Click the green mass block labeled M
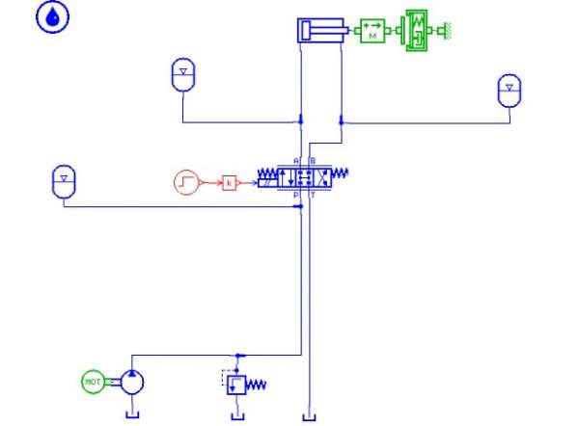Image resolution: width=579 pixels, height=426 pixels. pos(372,31)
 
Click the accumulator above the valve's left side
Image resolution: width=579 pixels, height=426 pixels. pos(182,75)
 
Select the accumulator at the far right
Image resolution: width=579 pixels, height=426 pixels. pos(509,90)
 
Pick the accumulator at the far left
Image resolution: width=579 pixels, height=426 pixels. pos(63,179)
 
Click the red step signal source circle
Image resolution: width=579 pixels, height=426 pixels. pos(186,180)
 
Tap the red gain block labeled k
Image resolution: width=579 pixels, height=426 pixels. pos(230,180)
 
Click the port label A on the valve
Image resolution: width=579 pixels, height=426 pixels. pos(296,160)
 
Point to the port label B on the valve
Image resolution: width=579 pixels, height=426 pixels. pos(311,160)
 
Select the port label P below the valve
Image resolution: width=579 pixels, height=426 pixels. pos(296,195)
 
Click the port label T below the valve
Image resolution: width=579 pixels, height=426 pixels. pos(311,195)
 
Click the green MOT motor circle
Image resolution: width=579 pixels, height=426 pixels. pos(94,382)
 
